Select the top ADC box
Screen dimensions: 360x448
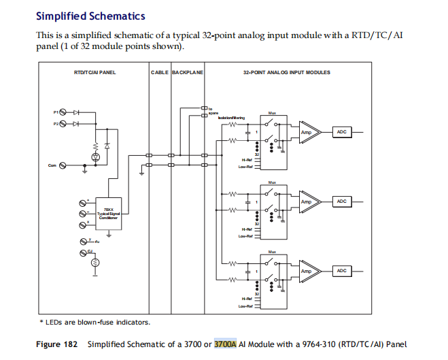click(341, 133)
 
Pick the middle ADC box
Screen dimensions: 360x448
click(341, 202)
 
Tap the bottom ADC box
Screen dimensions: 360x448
click(341, 271)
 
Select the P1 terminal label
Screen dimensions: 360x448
click(56, 111)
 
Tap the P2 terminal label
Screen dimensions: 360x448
click(56, 123)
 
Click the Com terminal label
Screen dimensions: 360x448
click(52, 164)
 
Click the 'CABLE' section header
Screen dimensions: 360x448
click(160, 72)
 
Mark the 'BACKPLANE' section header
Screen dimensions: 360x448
click(188, 72)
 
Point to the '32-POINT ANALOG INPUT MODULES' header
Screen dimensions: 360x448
click(286, 72)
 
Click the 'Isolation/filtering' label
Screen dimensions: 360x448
click(231, 118)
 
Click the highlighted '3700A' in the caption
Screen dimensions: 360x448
click(225, 344)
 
